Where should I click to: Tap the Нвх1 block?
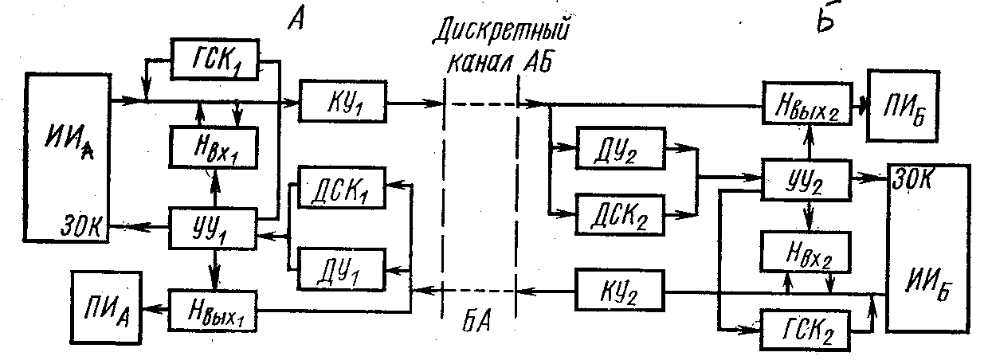(x=214, y=147)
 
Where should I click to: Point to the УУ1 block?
(x=214, y=228)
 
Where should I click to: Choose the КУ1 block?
(x=342, y=101)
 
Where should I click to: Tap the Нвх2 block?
(x=805, y=252)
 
